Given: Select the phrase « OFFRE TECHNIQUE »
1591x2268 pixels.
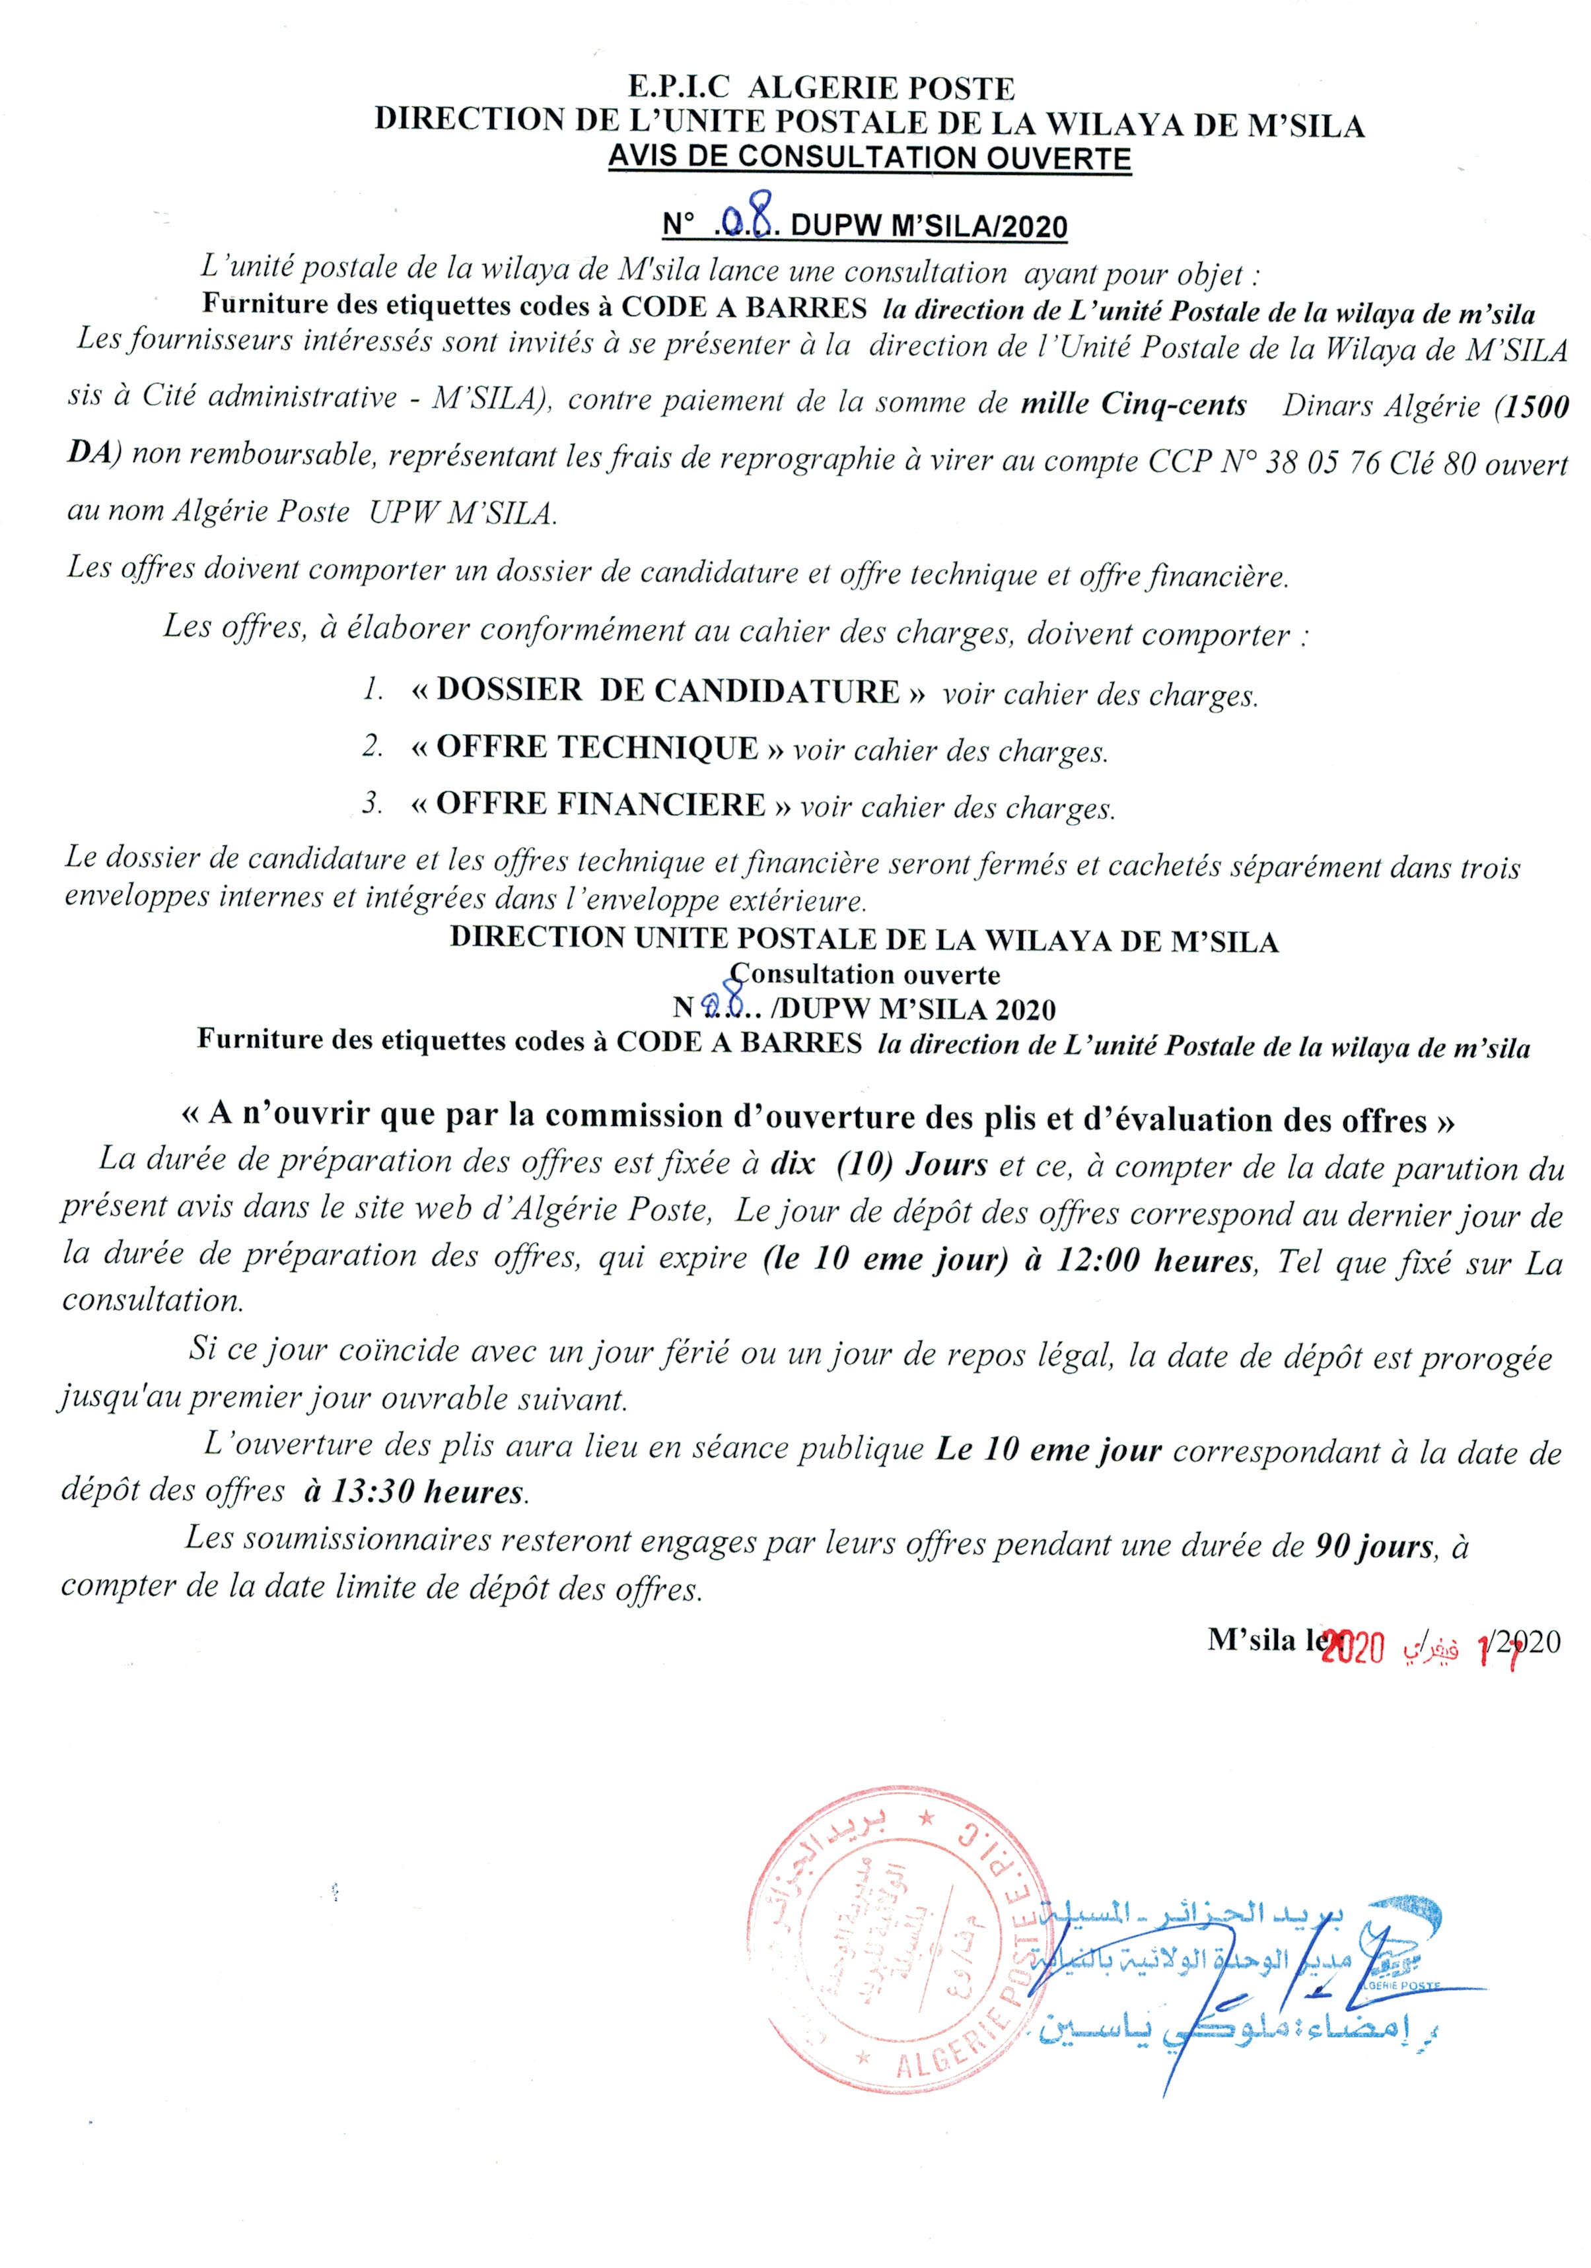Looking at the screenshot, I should [597, 748].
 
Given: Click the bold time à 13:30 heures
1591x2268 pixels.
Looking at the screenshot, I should [414, 1490].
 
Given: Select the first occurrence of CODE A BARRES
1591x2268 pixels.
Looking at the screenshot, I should [743, 307].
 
